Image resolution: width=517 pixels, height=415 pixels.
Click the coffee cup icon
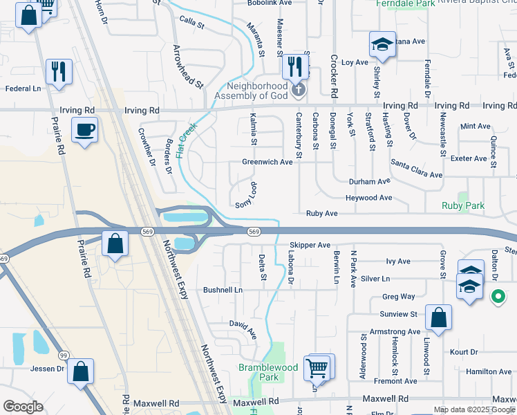[x=84, y=131]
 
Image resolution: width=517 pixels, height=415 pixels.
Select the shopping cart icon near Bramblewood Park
[x=317, y=368]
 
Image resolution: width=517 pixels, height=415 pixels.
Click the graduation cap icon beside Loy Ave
[x=382, y=46]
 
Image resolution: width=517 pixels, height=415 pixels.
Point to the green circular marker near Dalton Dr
[x=498, y=298]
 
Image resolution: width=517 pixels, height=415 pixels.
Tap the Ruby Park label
[x=463, y=205]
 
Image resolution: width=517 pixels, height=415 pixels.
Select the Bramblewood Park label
[x=259, y=372]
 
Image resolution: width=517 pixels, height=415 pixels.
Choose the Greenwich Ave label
[x=267, y=162]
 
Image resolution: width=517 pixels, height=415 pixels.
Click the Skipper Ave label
[x=310, y=245]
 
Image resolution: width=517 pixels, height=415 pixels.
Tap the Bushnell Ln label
[x=223, y=289]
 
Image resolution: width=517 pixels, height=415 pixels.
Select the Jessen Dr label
[x=47, y=369]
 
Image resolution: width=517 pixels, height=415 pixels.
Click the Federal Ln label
[x=23, y=89]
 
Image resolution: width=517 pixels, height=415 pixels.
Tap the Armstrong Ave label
[x=395, y=332]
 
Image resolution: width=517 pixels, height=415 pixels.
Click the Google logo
[x=23, y=407]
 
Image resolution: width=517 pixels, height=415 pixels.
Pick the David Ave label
[x=243, y=328]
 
